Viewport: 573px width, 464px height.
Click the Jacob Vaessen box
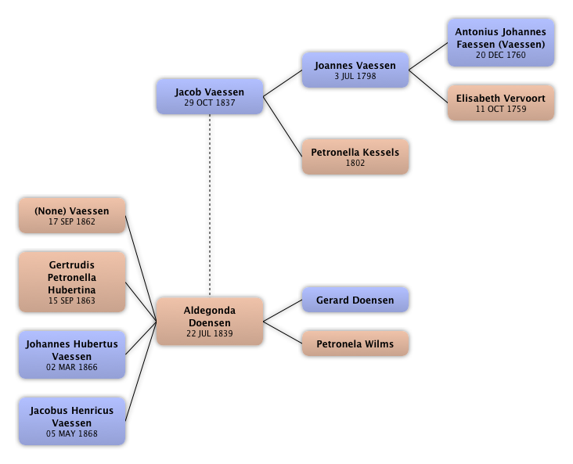pos(209,96)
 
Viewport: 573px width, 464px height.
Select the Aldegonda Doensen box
pos(209,321)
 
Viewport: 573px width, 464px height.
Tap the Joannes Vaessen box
pos(355,70)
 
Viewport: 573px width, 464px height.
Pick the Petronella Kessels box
pos(355,156)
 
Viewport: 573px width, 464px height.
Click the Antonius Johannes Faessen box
pos(500,42)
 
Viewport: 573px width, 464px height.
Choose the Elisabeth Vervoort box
pos(500,103)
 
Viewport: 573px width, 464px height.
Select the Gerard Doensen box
pos(355,300)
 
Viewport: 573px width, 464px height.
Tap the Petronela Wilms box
pos(355,344)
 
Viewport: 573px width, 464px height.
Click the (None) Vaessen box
pos(71,215)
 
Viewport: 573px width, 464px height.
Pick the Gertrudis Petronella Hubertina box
pos(71,282)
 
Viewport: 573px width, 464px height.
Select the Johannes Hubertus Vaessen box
pos(71,354)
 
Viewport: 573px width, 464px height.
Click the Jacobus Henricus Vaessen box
pos(71,421)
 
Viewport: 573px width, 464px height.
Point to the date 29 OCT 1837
pos(209,103)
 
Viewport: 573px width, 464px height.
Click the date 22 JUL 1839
pos(209,333)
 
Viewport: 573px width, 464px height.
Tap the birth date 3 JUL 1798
pos(355,77)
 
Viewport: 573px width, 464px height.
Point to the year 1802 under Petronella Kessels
pos(355,164)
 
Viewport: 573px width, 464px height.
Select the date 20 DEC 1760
pos(500,56)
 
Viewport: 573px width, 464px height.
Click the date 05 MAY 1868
pos(71,433)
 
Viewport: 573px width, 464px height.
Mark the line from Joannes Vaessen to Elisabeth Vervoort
pos(428,85)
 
